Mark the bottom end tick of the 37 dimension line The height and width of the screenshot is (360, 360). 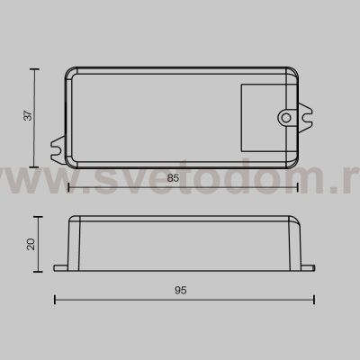pos(36,167)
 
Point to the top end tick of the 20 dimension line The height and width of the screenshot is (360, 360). pos(36,217)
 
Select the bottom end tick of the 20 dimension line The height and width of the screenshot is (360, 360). pos(36,269)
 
